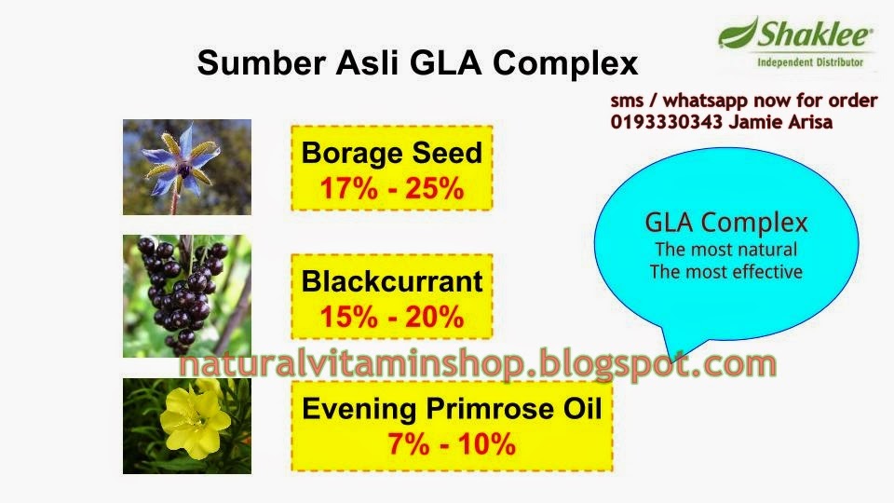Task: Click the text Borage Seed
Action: click(391, 154)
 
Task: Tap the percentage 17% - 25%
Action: click(391, 189)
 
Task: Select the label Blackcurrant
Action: click(391, 280)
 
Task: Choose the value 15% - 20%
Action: click(391, 317)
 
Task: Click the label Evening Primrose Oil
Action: click(452, 408)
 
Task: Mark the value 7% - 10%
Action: click(452, 444)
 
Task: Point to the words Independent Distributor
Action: click(796, 63)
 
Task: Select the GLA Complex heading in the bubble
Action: click(726, 224)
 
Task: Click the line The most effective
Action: click(726, 272)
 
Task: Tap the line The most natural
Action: click(726, 250)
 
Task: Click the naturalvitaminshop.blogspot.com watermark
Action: click(477, 364)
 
